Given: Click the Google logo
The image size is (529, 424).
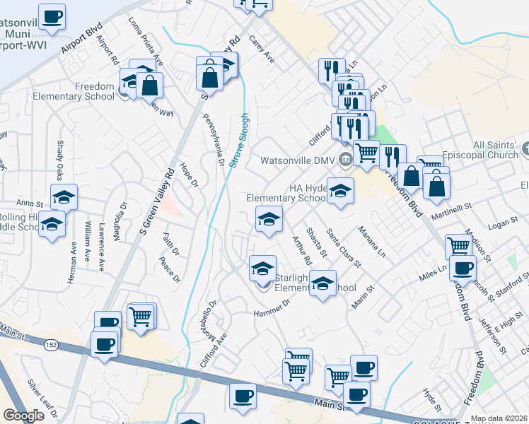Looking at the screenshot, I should [x=23, y=416].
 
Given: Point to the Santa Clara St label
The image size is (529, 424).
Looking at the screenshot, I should [x=343, y=249].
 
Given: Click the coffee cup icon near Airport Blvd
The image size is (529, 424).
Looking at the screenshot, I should [x=52, y=16].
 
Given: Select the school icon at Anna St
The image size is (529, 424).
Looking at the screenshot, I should [x=64, y=197].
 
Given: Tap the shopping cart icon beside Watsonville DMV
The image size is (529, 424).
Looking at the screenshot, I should [x=366, y=151].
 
